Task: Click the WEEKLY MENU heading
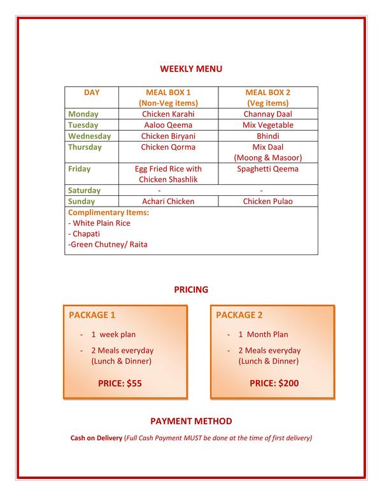(x=190, y=69)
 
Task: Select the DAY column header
(x=92, y=92)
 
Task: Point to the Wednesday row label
(x=89, y=136)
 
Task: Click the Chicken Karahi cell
(x=168, y=114)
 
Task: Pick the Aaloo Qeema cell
(x=168, y=125)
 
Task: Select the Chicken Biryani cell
(x=168, y=136)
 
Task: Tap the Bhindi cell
(x=267, y=136)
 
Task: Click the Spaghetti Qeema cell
(x=267, y=169)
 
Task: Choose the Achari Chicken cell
(x=168, y=202)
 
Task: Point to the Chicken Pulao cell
(x=267, y=202)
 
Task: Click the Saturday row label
(x=84, y=190)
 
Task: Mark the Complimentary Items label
(x=108, y=212)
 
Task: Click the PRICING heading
(x=191, y=290)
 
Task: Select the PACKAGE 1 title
(x=92, y=315)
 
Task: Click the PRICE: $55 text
(x=120, y=383)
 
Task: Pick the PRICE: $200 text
(x=274, y=383)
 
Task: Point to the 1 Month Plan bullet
(x=263, y=334)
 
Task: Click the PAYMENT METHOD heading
(x=191, y=421)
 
